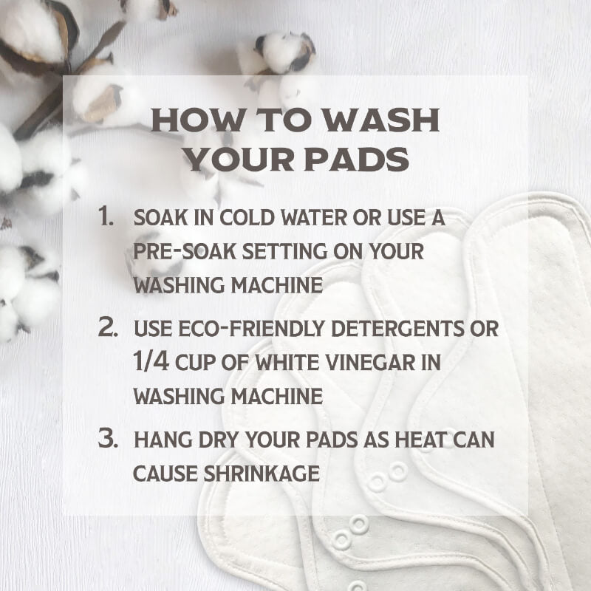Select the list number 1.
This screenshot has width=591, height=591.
(x=106, y=216)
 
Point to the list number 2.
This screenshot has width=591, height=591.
(x=108, y=327)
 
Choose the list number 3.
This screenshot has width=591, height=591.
(x=108, y=438)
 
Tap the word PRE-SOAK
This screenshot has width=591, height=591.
(x=185, y=251)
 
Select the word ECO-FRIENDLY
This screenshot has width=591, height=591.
(x=251, y=328)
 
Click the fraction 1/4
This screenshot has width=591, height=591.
(x=151, y=361)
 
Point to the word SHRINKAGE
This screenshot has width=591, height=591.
(x=262, y=474)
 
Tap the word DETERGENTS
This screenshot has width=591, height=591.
(x=397, y=328)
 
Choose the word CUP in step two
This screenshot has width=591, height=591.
(x=195, y=362)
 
